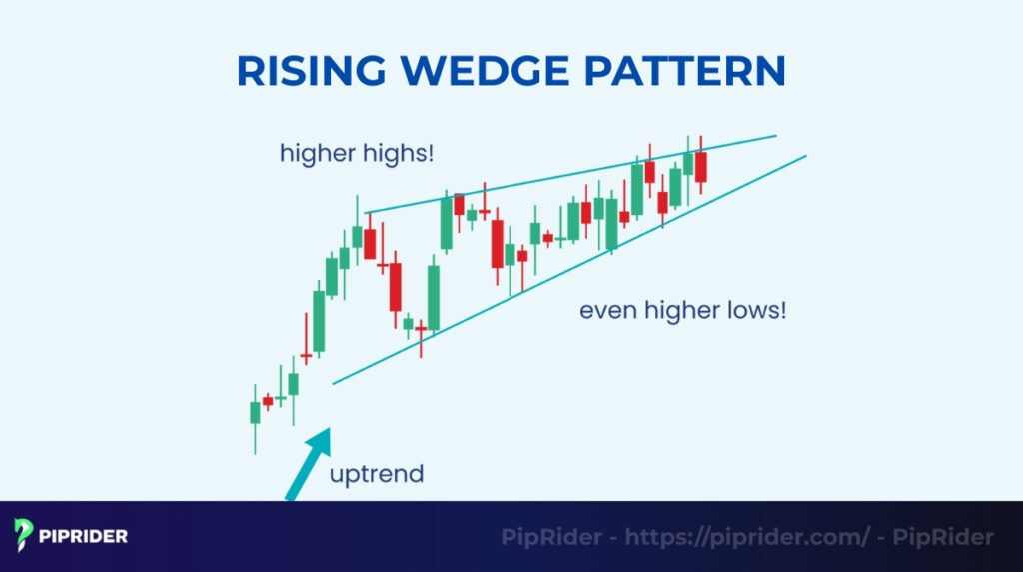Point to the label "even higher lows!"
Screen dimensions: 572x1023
682,311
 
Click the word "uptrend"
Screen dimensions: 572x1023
377,473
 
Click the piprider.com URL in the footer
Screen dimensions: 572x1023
747,537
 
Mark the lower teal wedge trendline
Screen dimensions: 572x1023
569,267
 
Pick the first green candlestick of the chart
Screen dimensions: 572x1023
255,412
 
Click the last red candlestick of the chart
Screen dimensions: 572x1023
701,166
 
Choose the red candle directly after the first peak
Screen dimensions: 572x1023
370,244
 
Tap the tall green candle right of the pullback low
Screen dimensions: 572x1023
434,297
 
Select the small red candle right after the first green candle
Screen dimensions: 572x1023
267,400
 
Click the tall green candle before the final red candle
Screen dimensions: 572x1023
688,163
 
